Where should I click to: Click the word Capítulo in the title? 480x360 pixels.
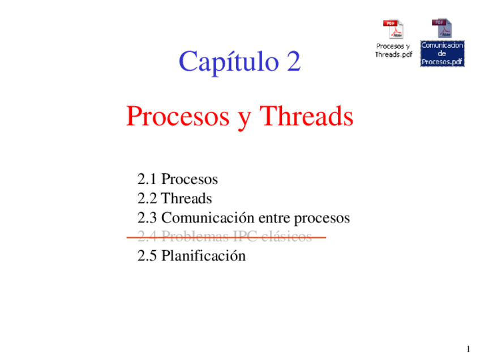click(x=225, y=62)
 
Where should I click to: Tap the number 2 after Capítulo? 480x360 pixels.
click(x=293, y=62)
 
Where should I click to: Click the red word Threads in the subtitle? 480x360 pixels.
click(x=306, y=117)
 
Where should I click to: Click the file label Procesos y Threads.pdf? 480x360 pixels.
click(x=393, y=50)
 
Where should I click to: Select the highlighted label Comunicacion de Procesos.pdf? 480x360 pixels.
click(x=442, y=53)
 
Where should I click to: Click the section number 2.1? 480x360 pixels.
click(x=147, y=179)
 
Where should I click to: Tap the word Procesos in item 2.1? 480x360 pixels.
click(x=190, y=179)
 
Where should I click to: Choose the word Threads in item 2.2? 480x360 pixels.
click(x=187, y=199)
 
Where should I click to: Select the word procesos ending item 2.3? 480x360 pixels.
click(x=322, y=218)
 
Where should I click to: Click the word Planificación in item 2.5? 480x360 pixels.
click(x=204, y=256)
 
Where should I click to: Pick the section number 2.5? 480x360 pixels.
click(x=147, y=256)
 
